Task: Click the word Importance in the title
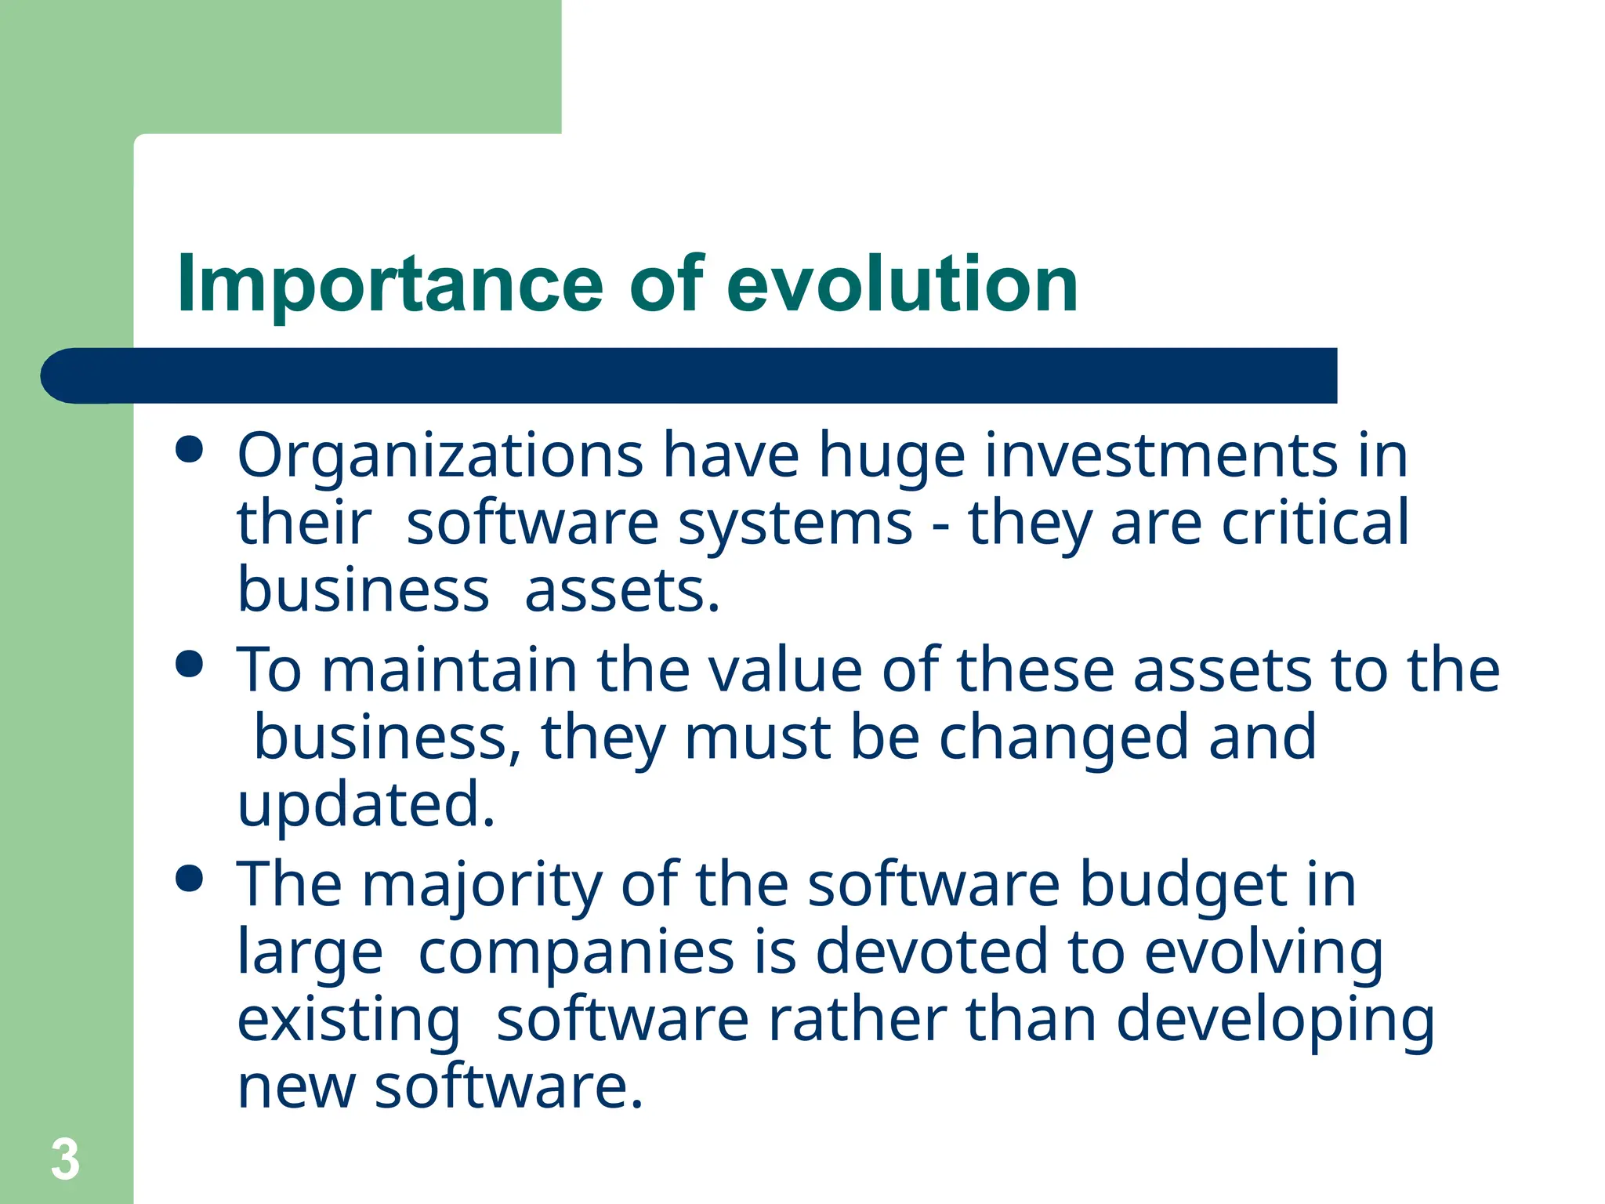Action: pyautogui.click(x=390, y=285)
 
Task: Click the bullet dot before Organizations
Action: pyautogui.click(x=190, y=451)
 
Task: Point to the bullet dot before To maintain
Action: pyautogui.click(x=190, y=665)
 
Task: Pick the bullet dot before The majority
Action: pyautogui.click(x=190, y=879)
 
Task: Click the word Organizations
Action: pyautogui.click(x=440, y=456)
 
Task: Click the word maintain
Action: pyautogui.click(x=450, y=670)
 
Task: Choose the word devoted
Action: pyautogui.click(x=931, y=952)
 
